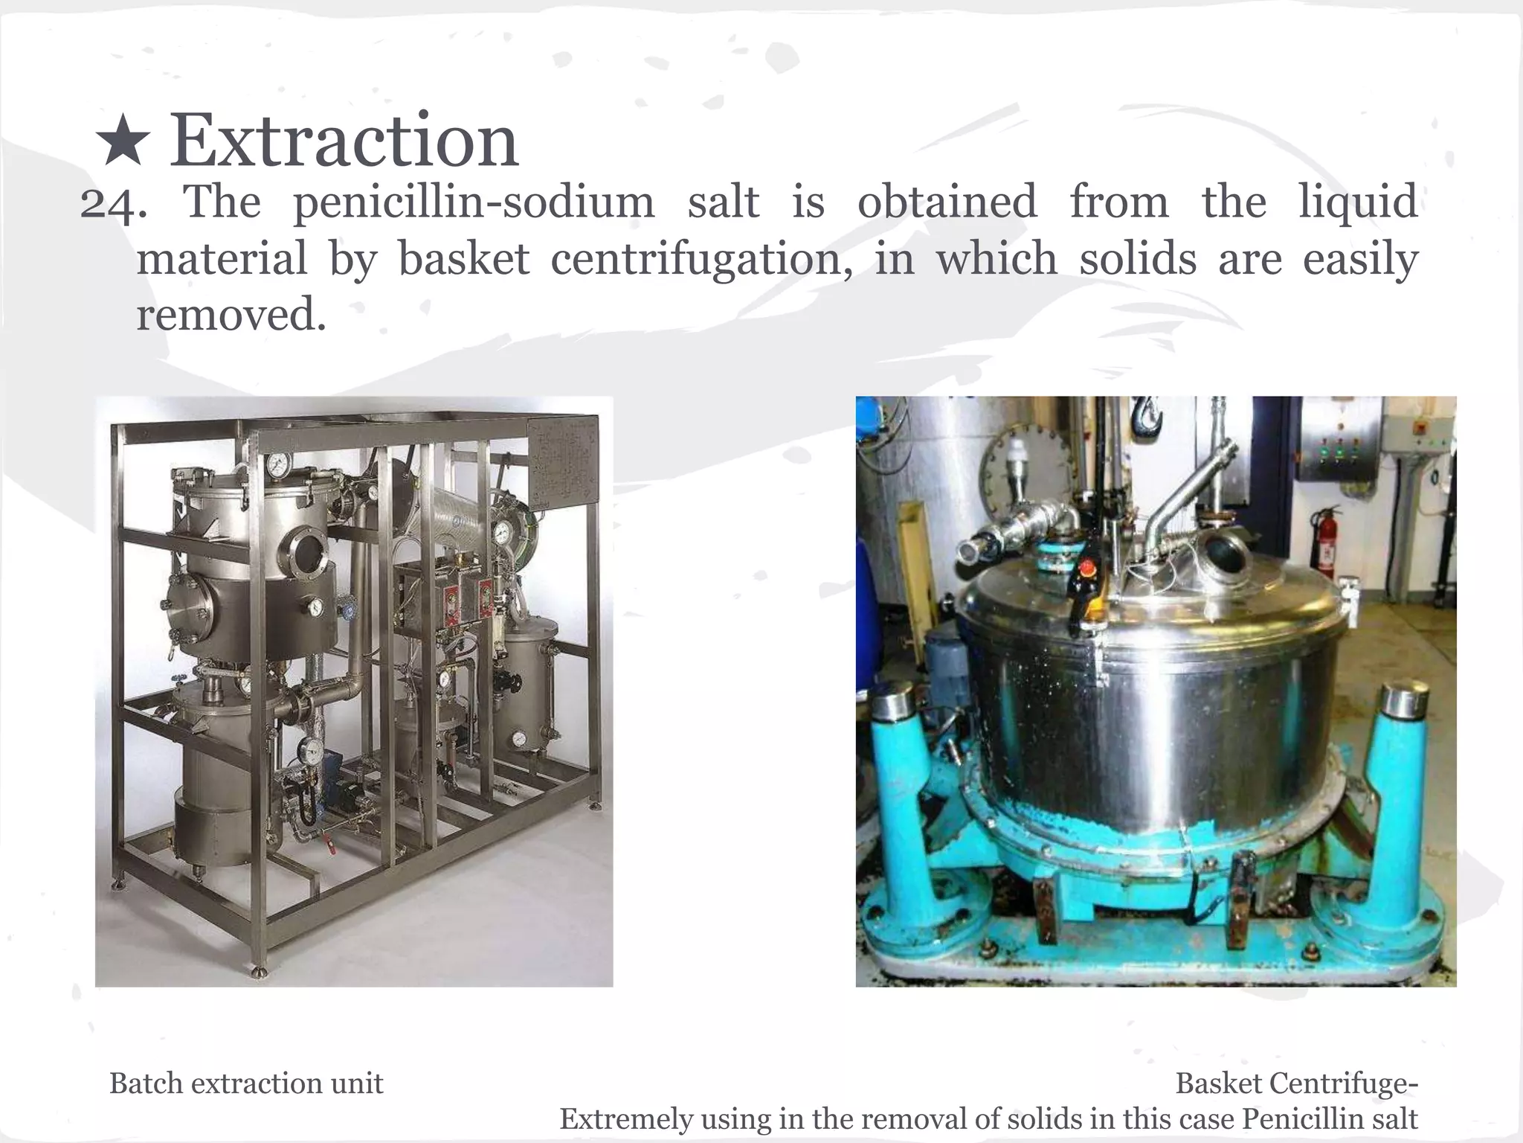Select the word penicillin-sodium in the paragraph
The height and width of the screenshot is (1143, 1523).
(474, 202)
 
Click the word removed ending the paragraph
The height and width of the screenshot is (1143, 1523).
(231, 315)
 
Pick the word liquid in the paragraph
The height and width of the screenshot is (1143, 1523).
(1358, 202)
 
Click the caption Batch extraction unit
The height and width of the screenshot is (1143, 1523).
(246, 1083)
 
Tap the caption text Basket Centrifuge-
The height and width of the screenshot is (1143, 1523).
(1296, 1083)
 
